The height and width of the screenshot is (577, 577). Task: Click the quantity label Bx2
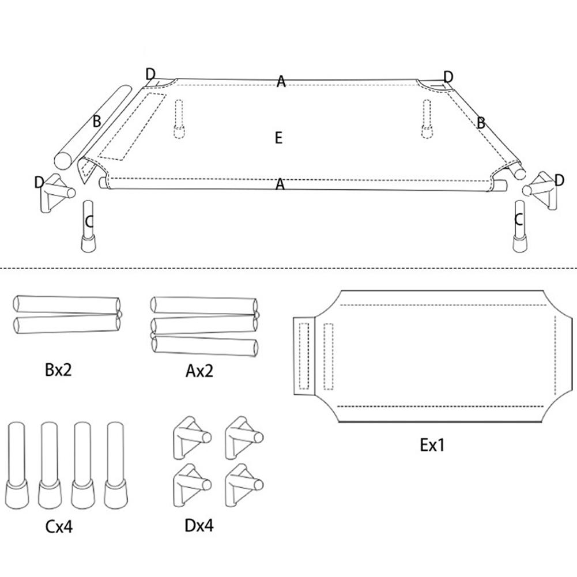pyautogui.click(x=58, y=370)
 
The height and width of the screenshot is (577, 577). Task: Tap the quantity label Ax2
pyautogui.click(x=199, y=371)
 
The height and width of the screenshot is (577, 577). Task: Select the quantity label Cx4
pyautogui.click(x=59, y=527)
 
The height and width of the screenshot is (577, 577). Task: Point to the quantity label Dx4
pyautogui.click(x=199, y=526)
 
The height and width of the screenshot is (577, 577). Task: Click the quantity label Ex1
pyautogui.click(x=432, y=445)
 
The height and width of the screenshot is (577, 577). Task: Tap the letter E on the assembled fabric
pyautogui.click(x=278, y=138)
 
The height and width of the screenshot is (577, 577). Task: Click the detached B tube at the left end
pyautogui.click(x=93, y=127)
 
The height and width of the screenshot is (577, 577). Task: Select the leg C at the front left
pyautogui.click(x=88, y=227)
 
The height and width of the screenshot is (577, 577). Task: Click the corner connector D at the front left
pyautogui.click(x=55, y=193)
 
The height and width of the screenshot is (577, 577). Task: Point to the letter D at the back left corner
pyautogui.click(x=150, y=74)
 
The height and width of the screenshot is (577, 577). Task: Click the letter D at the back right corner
pyautogui.click(x=448, y=77)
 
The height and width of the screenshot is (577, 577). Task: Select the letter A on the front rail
pyautogui.click(x=280, y=184)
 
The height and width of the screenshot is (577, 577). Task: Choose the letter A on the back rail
pyautogui.click(x=281, y=81)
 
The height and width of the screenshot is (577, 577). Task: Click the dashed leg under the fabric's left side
pyautogui.click(x=179, y=119)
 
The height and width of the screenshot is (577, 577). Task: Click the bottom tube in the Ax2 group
pyautogui.click(x=205, y=346)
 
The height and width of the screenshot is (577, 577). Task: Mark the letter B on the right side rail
pyautogui.click(x=480, y=123)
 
